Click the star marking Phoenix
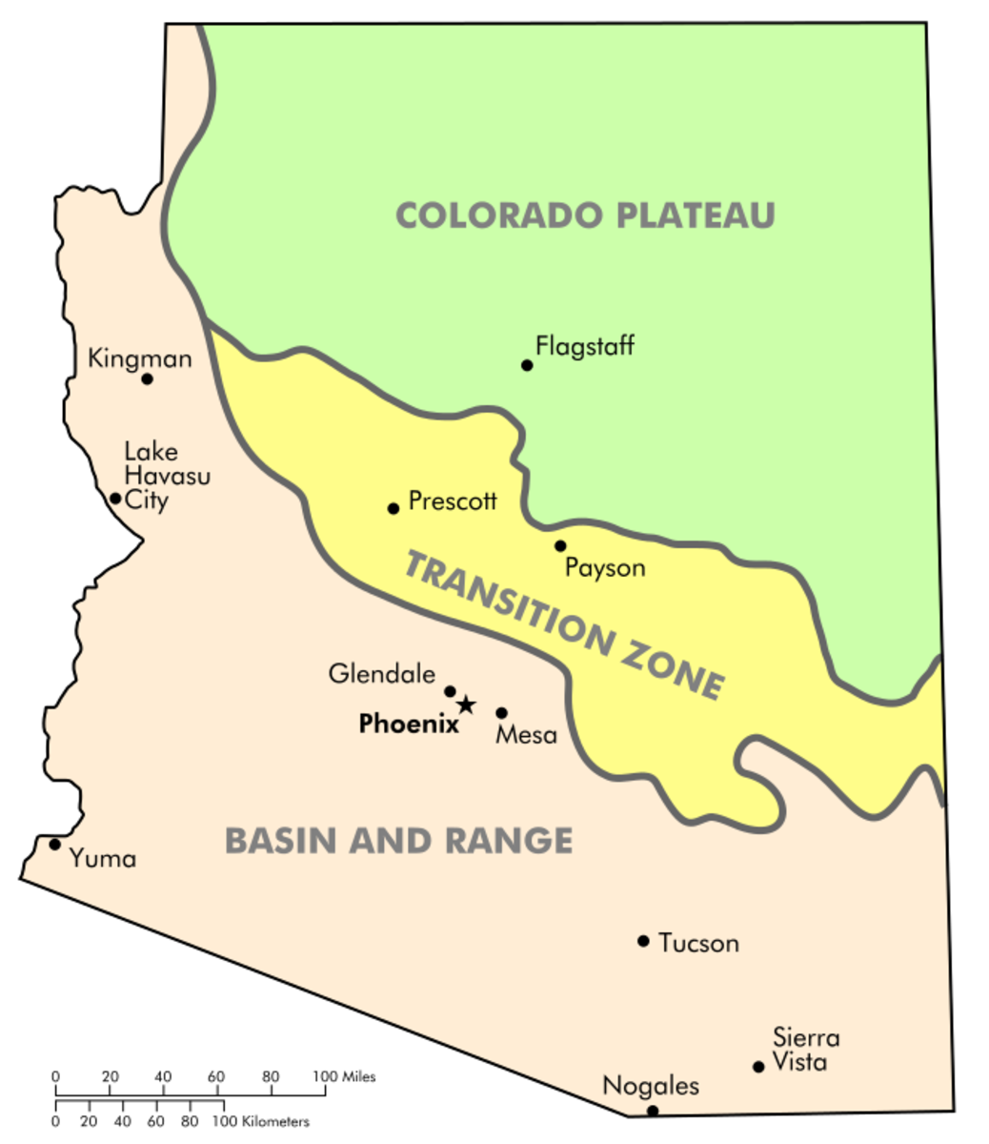point(465,705)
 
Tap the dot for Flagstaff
point(527,365)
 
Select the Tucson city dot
point(643,941)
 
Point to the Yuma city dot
point(55,844)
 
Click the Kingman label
point(140,358)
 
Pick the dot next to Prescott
point(393,508)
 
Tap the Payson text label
point(605,568)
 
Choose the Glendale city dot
point(451,691)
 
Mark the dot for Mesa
point(502,712)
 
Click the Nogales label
point(651,1086)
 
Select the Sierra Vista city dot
point(758,1067)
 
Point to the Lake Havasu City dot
point(115,498)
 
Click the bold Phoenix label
point(409,725)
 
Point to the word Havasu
point(168,476)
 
